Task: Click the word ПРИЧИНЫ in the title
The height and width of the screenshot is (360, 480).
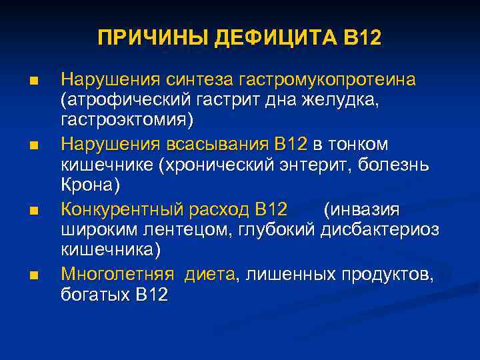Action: pos(153,37)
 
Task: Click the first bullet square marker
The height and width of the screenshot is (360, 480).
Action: pos(34,82)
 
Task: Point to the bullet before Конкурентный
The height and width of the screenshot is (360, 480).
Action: pos(34,211)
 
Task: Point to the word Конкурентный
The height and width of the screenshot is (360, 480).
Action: pos(122,210)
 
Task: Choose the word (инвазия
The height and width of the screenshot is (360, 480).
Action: pos(361,210)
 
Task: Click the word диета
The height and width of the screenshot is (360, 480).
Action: pos(210,274)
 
